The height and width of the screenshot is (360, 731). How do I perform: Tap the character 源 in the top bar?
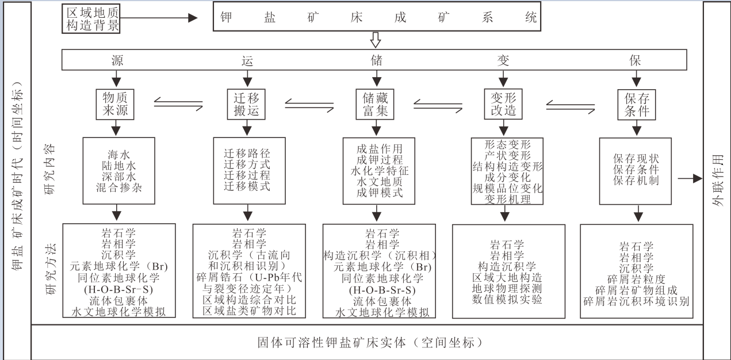click(117, 60)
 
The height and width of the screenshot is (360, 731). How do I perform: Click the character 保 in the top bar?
click(635, 60)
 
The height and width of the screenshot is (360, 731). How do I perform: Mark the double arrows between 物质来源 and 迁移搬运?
click(178, 104)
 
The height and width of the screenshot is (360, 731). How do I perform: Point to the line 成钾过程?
click(380, 160)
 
